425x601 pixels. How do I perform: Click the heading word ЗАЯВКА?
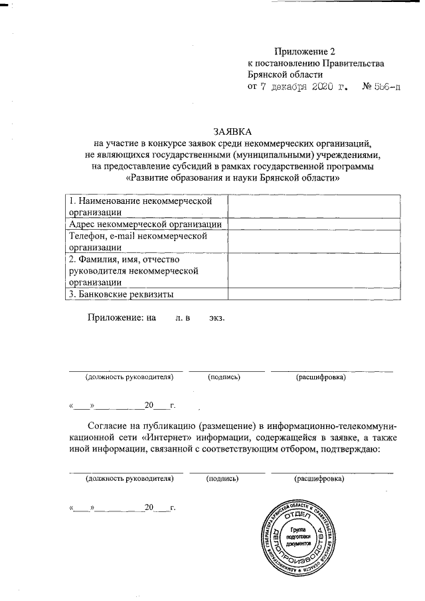(x=232, y=131)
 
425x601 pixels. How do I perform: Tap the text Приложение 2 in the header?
(x=302, y=51)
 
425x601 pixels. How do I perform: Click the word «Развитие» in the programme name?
(x=153, y=179)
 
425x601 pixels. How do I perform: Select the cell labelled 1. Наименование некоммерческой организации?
(x=146, y=206)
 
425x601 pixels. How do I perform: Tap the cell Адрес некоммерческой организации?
(x=146, y=224)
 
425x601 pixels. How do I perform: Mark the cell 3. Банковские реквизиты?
(x=146, y=294)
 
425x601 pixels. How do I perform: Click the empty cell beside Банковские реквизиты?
(x=315, y=294)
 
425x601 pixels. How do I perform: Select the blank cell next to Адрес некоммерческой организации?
(x=315, y=224)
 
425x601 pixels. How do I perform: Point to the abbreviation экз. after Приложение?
(x=216, y=317)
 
